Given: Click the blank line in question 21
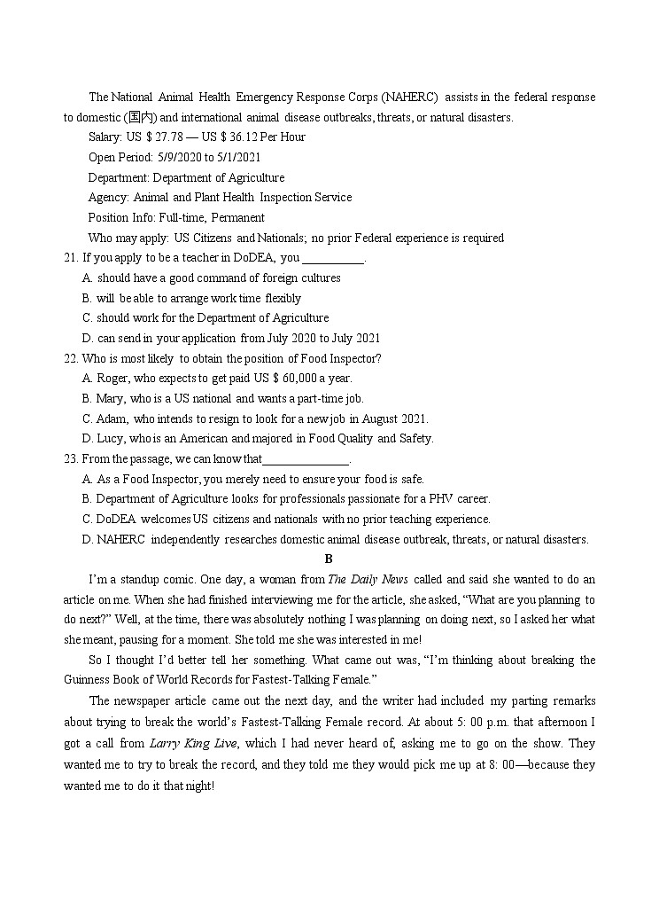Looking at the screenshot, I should point(333,259).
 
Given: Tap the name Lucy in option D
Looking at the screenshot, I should point(112,439).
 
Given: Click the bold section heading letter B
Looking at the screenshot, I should point(329,559).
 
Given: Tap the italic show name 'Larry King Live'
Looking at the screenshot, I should point(185,744).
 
